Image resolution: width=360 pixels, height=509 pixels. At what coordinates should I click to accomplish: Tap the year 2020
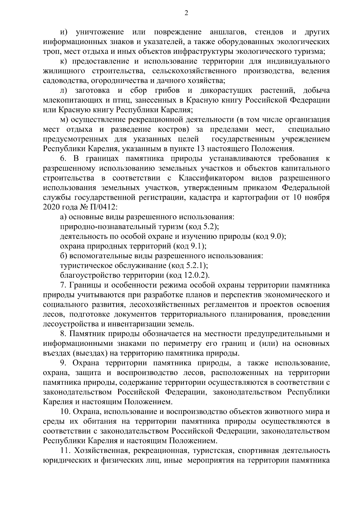(x=52, y=207)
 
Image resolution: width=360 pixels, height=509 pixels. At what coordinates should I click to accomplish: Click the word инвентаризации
(x=144, y=324)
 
